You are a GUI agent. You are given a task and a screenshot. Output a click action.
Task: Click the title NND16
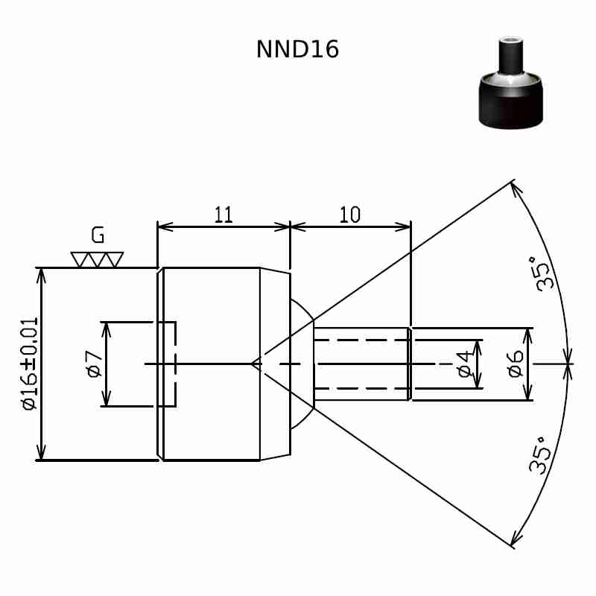297,49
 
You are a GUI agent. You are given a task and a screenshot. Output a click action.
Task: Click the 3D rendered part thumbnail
511,83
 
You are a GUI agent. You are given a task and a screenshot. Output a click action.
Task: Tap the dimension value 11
223,215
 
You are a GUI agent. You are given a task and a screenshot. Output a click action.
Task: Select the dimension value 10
349,215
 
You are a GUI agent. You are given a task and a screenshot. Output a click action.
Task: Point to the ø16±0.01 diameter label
31,364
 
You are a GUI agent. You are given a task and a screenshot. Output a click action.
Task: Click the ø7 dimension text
95,364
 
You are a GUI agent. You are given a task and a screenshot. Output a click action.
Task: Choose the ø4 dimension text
464,364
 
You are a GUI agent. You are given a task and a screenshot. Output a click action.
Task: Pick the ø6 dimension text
515,364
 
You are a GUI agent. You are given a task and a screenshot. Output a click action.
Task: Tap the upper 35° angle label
543,273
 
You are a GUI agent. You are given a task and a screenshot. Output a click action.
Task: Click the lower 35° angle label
539,455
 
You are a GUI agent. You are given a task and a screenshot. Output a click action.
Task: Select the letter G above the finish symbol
98,235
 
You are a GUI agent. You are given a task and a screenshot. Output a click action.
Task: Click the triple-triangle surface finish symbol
97,260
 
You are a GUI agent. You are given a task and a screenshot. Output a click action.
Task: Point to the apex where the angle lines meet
252,364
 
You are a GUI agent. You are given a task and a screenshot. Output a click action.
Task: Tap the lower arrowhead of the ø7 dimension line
107,398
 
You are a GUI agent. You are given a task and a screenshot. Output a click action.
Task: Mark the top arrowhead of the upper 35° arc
516,190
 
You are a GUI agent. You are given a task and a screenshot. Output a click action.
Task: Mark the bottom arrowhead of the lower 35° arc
516,538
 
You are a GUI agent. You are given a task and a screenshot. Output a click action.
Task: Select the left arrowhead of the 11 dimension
165,227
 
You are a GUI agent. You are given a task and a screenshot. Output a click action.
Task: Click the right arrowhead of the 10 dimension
403,227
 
